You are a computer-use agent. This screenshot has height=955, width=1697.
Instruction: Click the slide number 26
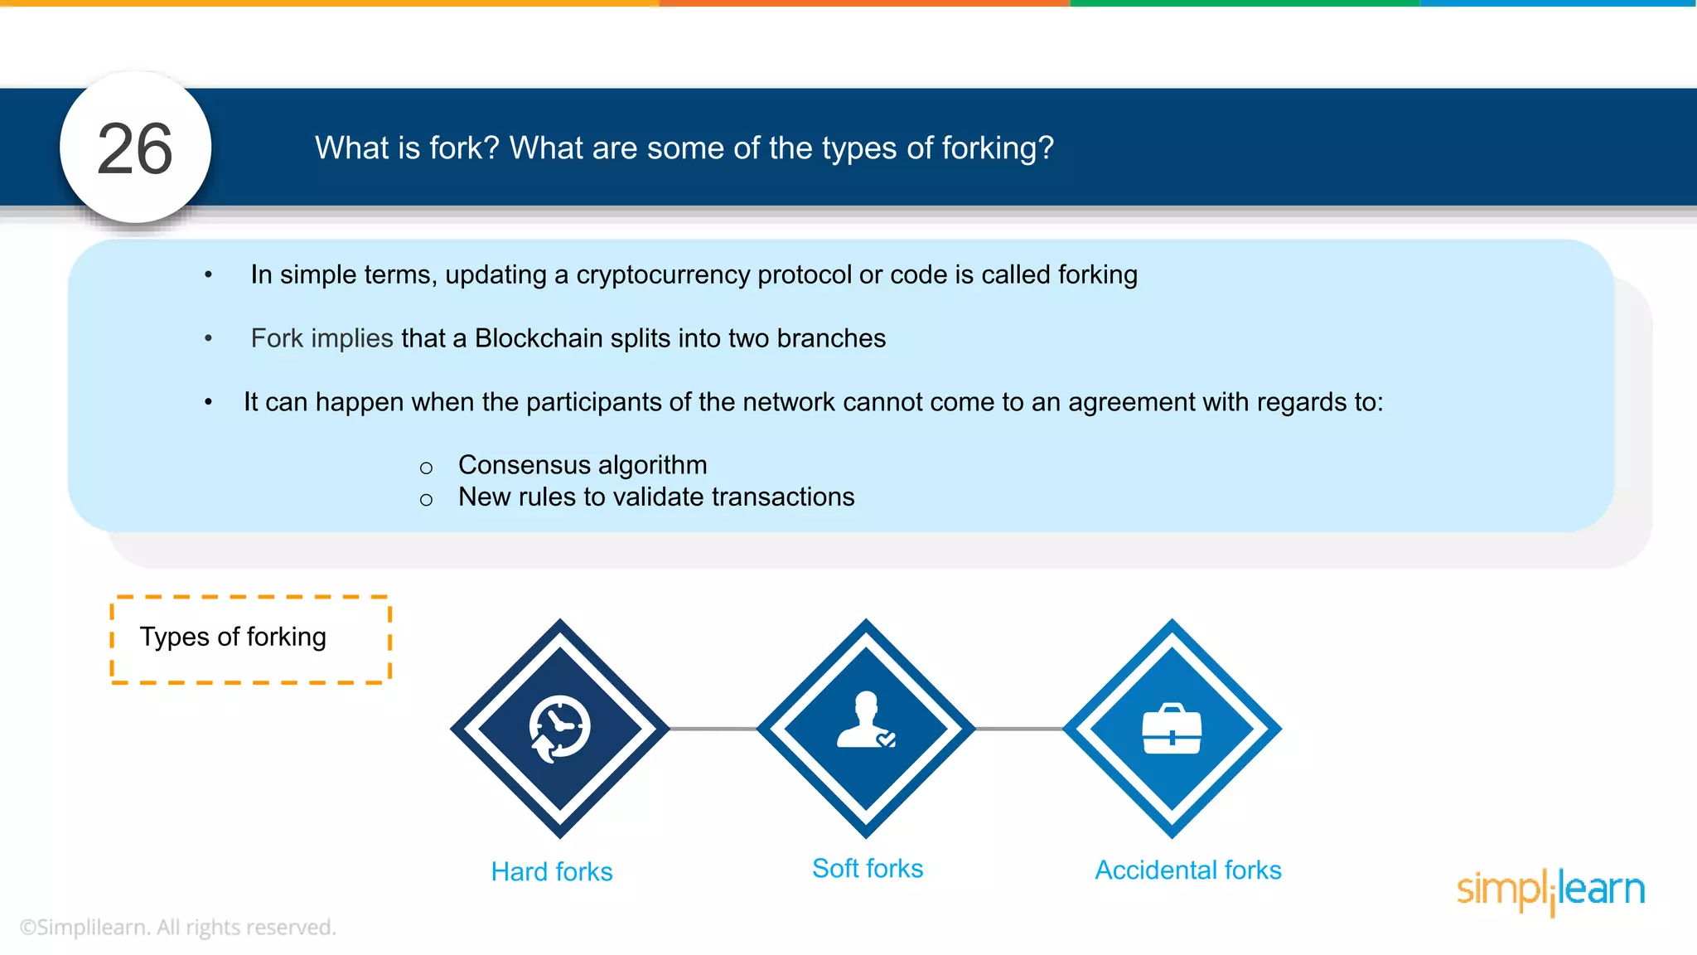(135, 150)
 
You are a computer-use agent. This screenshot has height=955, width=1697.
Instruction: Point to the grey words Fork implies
(322, 339)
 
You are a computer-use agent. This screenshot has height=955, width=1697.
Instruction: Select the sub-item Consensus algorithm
(583, 465)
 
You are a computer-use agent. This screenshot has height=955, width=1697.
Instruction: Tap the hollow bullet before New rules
(426, 500)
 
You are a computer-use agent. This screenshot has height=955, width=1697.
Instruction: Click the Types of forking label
(233, 637)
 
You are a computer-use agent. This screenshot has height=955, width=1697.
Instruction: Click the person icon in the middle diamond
(866, 720)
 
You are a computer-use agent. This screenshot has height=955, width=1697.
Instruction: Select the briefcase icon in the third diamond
(1172, 730)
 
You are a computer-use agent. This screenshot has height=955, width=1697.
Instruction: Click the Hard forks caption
(552, 872)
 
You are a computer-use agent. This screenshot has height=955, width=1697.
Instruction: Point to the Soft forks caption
(868, 869)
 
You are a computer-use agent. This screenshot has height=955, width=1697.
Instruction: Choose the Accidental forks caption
(1188, 870)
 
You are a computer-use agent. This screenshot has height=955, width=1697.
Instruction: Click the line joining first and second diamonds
(713, 730)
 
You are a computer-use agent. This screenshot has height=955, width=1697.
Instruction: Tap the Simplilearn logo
(1550, 891)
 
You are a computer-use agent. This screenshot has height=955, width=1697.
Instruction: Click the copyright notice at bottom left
(178, 928)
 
